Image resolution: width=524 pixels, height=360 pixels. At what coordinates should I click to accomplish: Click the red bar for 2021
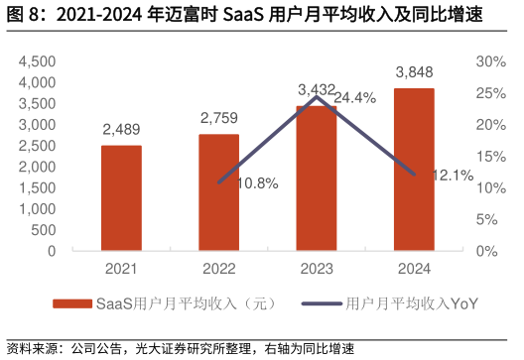click(121, 198)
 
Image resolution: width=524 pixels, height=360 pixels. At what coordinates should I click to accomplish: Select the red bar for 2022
click(218, 192)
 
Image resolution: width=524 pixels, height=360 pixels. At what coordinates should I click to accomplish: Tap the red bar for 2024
click(414, 170)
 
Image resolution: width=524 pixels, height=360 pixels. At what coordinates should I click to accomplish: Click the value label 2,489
click(121, 130)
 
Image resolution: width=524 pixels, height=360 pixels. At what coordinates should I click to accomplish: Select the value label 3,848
click(414, 72)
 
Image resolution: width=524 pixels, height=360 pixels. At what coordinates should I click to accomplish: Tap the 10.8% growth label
click(258, 183)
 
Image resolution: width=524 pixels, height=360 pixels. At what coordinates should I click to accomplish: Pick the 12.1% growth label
click(453, 175)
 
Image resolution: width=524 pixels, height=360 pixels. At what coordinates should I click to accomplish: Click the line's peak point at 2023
click(316, 96)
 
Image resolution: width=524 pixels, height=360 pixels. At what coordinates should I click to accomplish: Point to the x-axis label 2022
click(218, 268)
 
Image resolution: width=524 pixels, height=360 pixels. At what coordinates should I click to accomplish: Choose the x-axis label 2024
click(414, 268)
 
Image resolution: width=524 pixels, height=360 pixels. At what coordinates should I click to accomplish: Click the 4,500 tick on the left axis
click(38, 61)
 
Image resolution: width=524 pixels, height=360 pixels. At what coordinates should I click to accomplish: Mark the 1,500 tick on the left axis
click(38, 188)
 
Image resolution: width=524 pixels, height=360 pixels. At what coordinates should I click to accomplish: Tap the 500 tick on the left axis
click(46, 230)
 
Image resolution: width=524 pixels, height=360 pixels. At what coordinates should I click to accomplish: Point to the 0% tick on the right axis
click(487, 252)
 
